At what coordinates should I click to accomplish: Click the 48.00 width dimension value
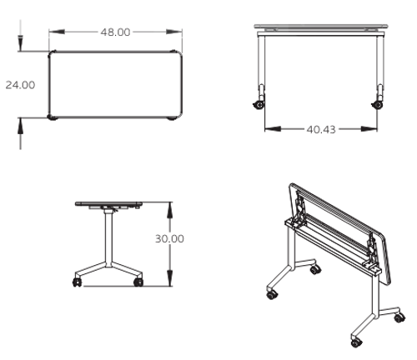tap(115, 32)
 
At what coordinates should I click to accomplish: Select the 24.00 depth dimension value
tap(20, 85)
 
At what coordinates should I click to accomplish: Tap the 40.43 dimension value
tap(321, 129)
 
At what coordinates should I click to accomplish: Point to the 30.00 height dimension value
tap(170, 238)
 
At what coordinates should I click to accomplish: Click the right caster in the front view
tap(377, 104)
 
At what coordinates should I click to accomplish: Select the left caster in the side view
tap(78, 282)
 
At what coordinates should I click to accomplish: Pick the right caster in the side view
tap(138, 282)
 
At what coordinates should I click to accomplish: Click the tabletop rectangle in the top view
tap(116, 84)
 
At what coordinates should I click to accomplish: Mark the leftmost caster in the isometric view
tap(272, 294)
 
